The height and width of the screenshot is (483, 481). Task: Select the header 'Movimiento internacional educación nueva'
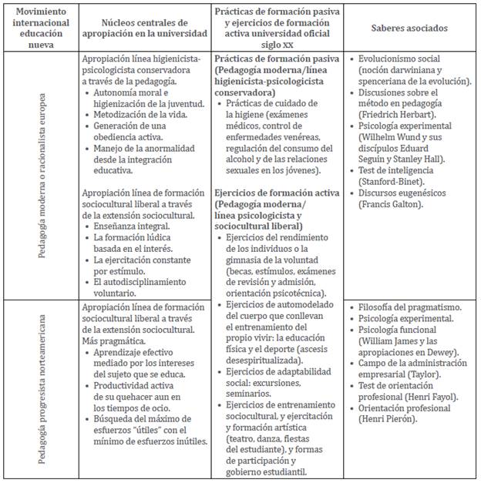tap(40, 28)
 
